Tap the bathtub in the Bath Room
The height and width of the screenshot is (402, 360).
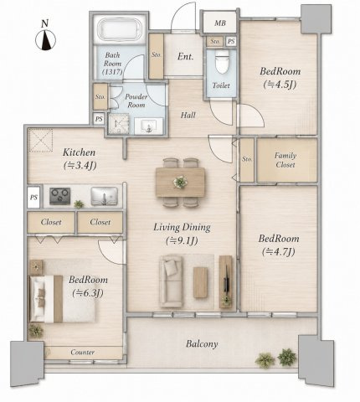(119, 29)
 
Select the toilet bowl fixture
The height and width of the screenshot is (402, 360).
(222, 62)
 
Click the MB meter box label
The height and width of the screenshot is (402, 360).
(220, 23)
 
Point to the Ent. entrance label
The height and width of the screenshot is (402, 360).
(186, 57)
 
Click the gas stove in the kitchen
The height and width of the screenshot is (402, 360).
(60, 196)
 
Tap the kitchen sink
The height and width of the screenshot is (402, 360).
(105, 196)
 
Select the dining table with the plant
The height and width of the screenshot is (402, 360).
(180, 183)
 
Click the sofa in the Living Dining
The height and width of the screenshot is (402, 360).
(172, 281)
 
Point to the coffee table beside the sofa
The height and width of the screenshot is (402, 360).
(200, 282)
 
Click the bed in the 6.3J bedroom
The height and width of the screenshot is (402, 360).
(62, 299)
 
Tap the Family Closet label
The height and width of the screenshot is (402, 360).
(285, 160)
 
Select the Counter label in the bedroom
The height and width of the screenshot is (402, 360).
(83, 353)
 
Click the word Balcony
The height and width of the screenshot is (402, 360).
(202, 344)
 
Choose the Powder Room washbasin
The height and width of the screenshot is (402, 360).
(148, 126)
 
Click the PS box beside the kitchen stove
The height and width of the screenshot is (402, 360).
(33, 198)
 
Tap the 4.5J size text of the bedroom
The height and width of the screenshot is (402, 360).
(280, 85)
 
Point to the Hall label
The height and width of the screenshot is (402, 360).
(188, 115)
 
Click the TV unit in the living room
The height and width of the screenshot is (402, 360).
(226, 281)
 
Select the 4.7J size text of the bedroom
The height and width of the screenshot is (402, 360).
(279, 252)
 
